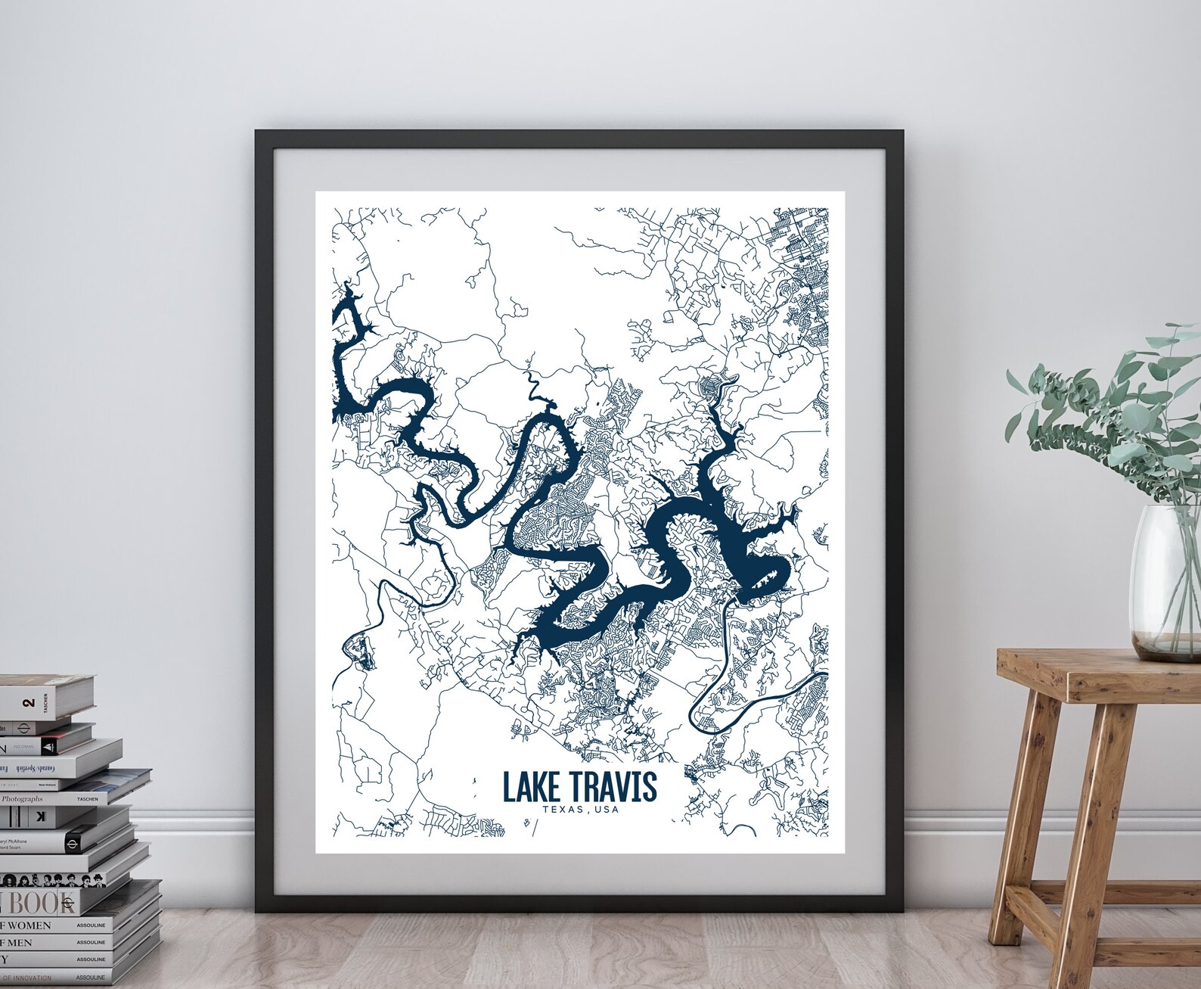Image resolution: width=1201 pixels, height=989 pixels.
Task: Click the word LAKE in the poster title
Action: (528, 788)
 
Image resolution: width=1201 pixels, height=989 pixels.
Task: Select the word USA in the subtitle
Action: (607, 810)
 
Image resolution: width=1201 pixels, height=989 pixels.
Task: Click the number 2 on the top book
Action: (29, 703)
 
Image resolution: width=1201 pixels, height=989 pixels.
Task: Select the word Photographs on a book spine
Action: (22, 798)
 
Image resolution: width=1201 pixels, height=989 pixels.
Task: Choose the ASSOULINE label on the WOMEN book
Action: (91, 925)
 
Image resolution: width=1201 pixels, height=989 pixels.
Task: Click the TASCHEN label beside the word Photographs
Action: (88, 798)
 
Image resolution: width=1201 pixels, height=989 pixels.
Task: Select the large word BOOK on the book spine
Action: (42, 903)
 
